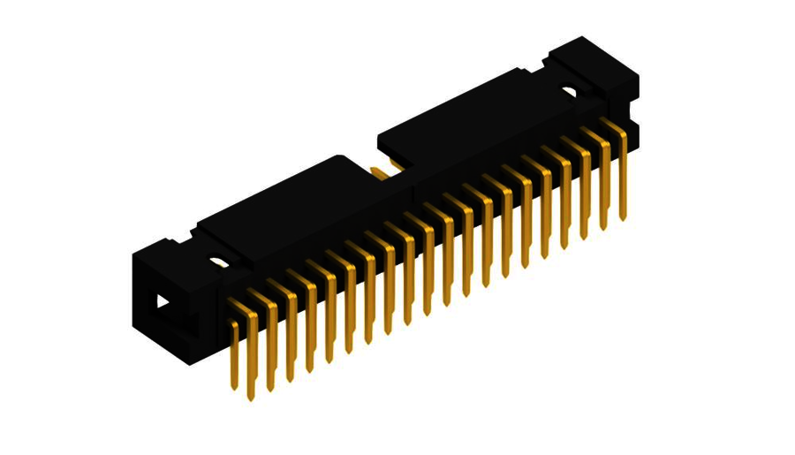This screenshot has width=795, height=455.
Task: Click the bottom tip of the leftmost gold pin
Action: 234,386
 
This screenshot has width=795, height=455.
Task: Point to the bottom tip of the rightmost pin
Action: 624,217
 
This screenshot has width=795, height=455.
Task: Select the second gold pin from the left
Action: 253,353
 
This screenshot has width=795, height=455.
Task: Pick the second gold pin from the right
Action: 604,186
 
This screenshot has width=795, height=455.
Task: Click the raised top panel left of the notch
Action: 283,203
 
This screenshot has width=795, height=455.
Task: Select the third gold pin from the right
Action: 585,194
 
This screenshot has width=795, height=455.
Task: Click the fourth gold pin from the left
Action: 291,336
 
